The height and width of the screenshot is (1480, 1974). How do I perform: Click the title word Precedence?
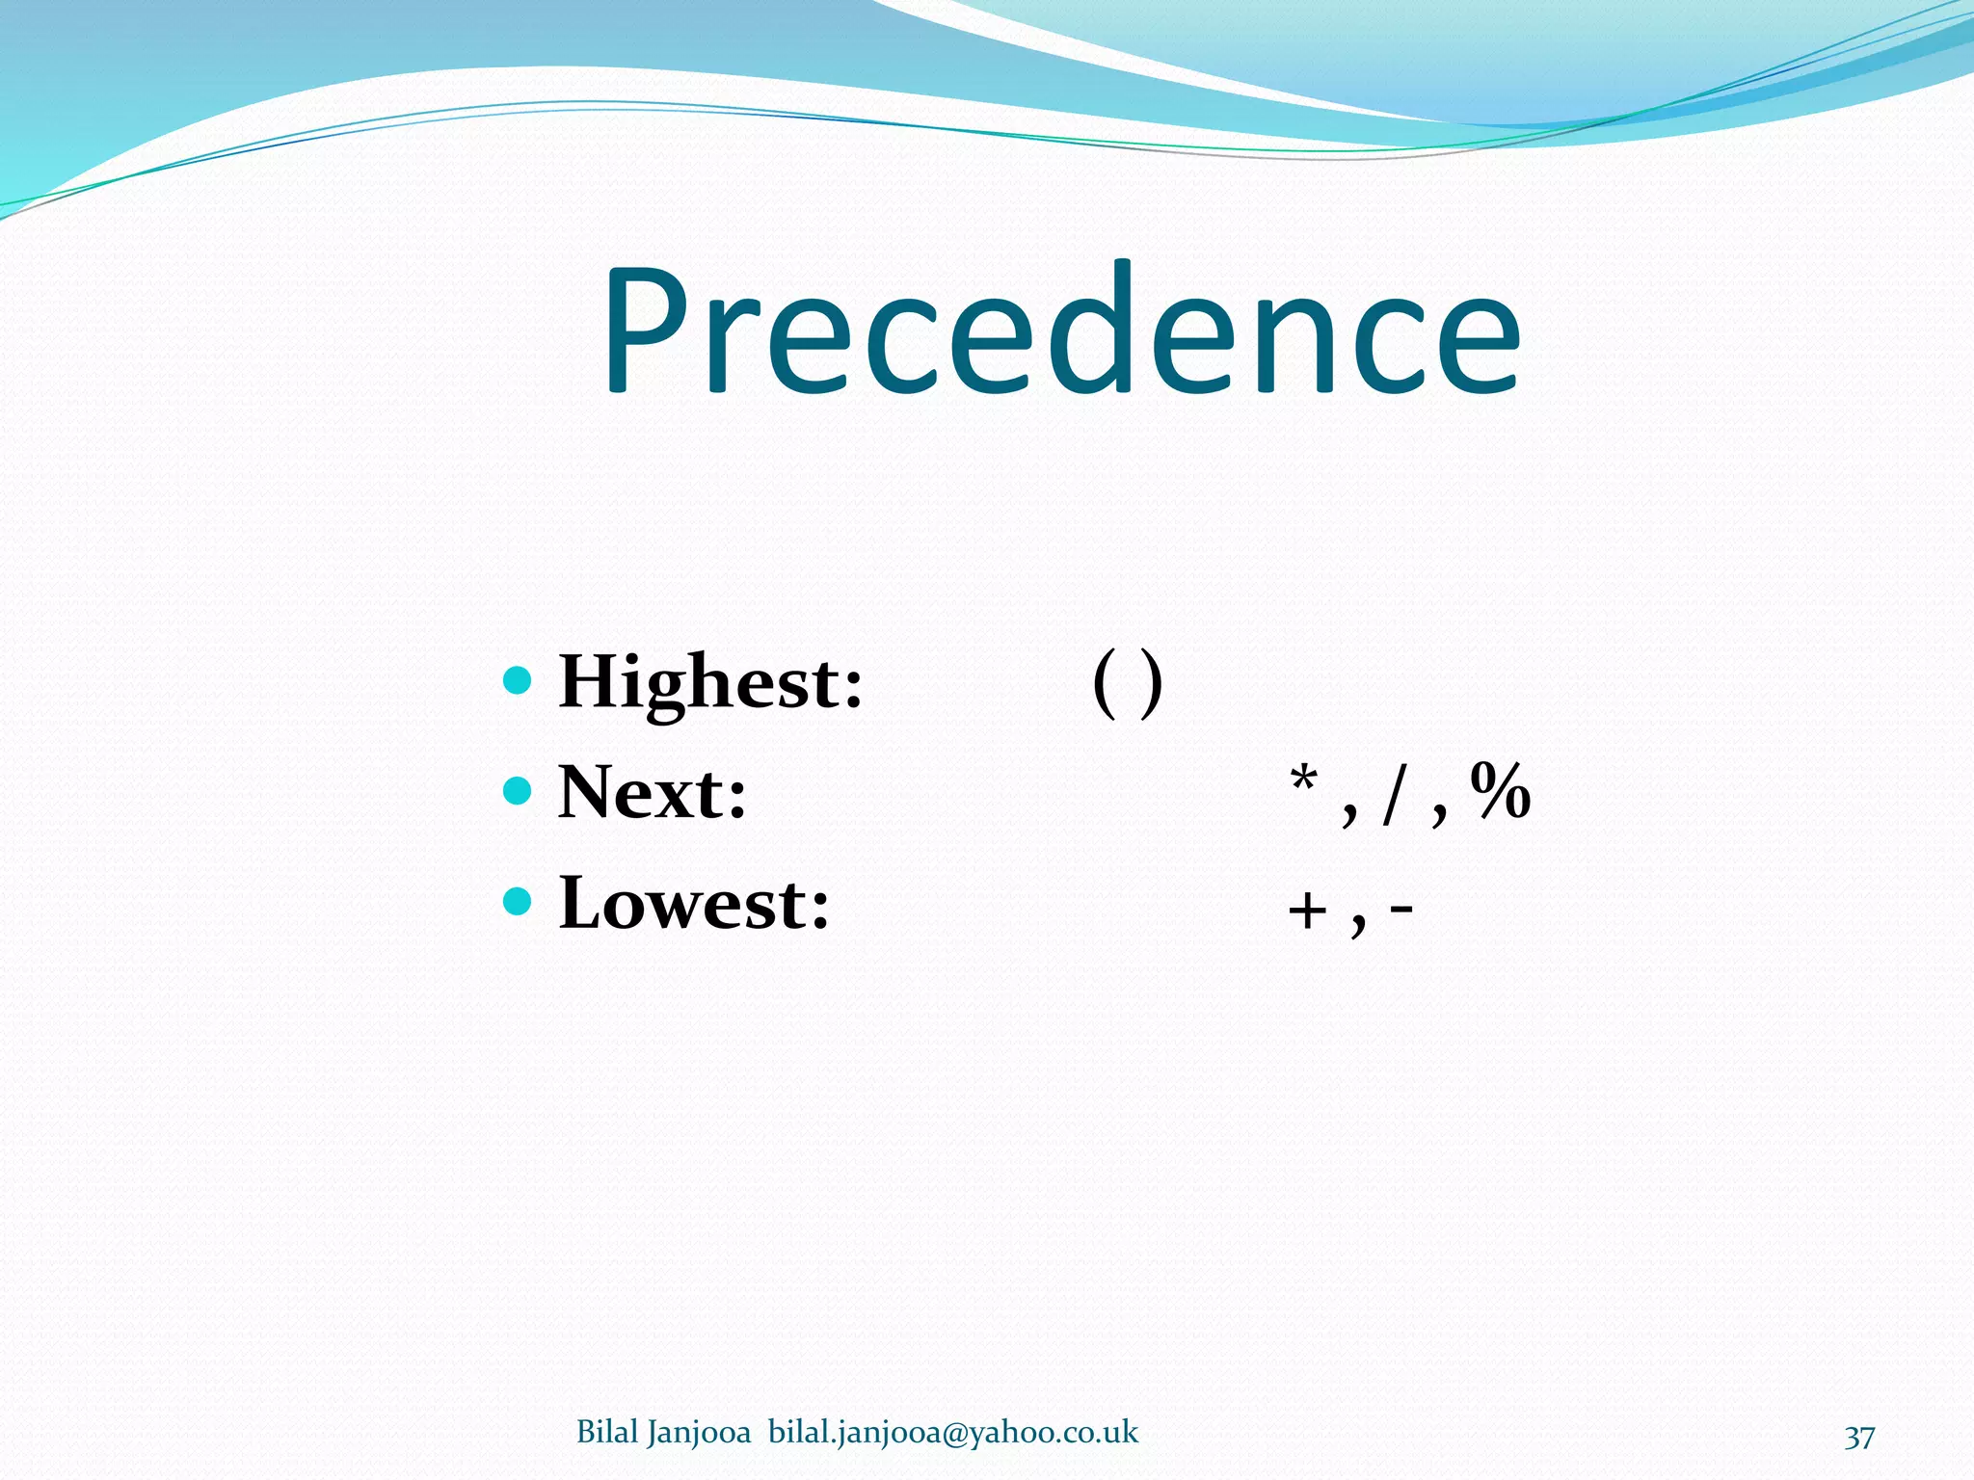pos(1060,332)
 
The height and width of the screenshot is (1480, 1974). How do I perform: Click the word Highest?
pos(710,682)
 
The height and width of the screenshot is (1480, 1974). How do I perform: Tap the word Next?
pos(653,793)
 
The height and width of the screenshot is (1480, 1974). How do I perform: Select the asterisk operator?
pos(1303,780)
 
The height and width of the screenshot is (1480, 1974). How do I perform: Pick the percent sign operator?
pos(1501,790)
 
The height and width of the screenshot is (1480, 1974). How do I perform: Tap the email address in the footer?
pos(953,1433)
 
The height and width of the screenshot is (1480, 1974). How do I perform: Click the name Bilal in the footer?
pos(607,1433)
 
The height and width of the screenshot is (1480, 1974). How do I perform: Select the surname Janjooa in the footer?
pos(699,1433)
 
